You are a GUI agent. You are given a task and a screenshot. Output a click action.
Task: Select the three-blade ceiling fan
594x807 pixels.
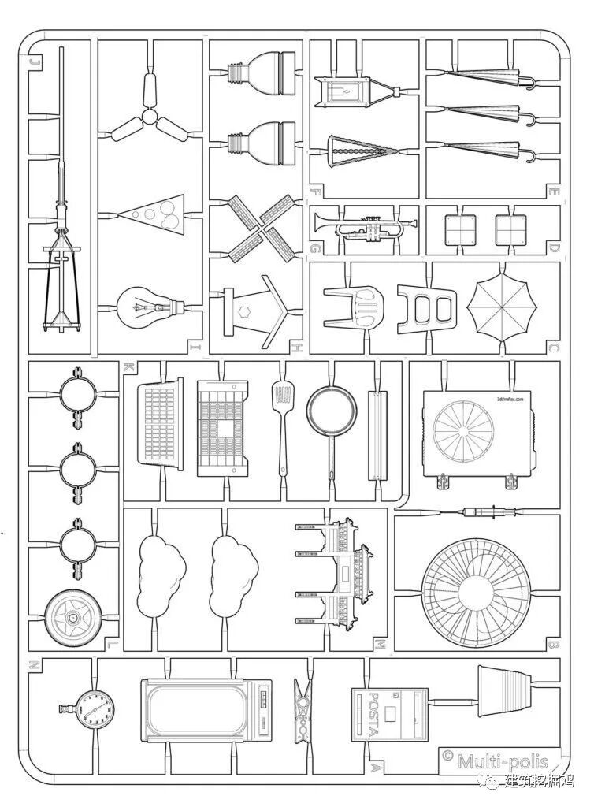coord(147,119)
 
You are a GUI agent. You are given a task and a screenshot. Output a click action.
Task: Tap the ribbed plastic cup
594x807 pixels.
coord(505,690)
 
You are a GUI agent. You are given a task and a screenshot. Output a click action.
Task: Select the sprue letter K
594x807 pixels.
coord(128,367)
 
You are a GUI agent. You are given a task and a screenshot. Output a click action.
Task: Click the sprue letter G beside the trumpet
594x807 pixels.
coord(315,250)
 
